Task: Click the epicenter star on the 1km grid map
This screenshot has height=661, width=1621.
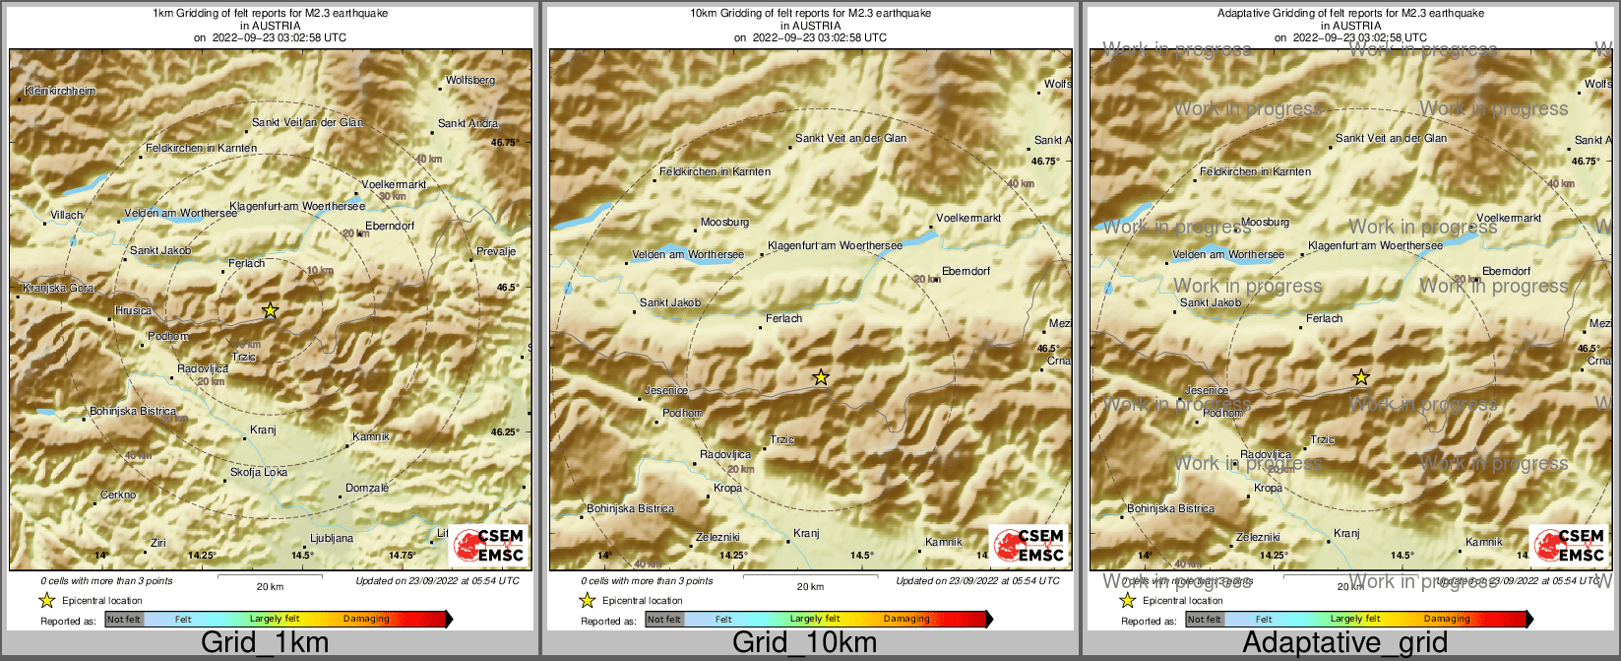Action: click(271, 310)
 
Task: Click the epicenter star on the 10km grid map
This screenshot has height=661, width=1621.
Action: click(821, 376)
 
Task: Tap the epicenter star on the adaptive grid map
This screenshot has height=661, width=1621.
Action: click(1361, 376)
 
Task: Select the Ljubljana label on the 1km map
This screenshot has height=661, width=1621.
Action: click(331, 538)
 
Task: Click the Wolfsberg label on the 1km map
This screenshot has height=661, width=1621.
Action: click(470, 80)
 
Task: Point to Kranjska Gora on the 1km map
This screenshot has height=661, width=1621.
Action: click(59, 288)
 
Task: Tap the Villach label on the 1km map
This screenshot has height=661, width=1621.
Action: click(67, 215)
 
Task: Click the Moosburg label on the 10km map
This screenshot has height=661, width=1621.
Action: click(724, 223)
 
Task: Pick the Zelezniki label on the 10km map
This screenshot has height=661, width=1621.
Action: click(717, 537)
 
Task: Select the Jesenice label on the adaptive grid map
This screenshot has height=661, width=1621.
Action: click(1207, 390)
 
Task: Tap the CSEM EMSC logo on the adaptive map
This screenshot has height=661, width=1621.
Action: click(1571, 545)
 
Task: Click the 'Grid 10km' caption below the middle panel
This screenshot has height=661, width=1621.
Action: click(804, 643)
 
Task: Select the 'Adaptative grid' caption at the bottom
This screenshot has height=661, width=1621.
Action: click(1344, 643)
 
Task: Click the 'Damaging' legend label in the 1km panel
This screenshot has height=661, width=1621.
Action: click(366, 619)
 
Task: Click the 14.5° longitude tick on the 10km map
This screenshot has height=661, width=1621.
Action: click(861, 555)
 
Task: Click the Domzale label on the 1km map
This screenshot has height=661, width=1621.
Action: click(367, 488)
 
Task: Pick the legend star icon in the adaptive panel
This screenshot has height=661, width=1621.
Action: click(1128, 600)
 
